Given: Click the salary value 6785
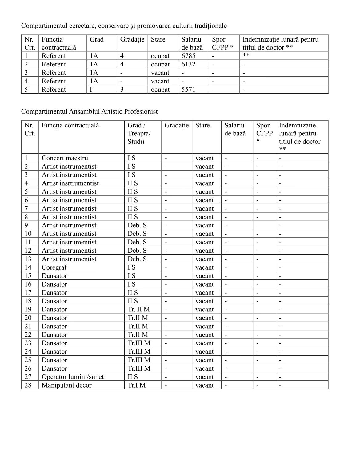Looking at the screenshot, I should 188,56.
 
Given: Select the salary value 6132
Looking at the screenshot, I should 188,64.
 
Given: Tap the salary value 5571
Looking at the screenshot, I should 188,90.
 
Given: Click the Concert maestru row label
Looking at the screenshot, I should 65,158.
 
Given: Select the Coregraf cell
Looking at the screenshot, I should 54,267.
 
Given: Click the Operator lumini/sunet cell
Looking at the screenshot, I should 73,377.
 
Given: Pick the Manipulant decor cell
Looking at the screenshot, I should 66,385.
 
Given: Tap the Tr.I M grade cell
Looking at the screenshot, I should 137,385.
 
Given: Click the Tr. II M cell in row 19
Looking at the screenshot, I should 139,310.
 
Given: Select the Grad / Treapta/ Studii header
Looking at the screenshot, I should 139,133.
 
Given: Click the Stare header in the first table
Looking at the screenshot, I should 158,39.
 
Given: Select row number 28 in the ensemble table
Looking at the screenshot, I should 28,385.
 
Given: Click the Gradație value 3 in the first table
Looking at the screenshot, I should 122,90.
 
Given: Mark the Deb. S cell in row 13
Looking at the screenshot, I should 137,259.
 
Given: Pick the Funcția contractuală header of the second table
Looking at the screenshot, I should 70,125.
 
